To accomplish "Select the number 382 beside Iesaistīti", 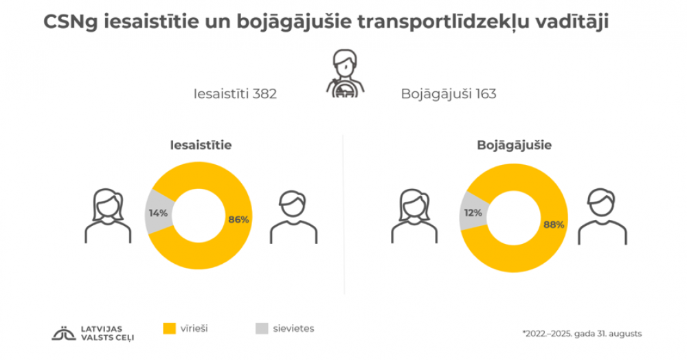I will coord(264,94).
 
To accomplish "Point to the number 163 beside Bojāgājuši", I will coord(484,94).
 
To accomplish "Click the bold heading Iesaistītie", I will coord(201,146).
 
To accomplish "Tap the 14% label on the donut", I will coord(158,213).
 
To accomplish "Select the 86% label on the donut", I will coord(238,219).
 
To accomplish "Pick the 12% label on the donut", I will coord(472,213).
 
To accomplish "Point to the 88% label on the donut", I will coord(554,224).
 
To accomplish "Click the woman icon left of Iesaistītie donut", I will coord(108,216).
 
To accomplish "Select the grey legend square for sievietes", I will coord(261,328).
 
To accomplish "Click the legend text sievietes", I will coord(294,328).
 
